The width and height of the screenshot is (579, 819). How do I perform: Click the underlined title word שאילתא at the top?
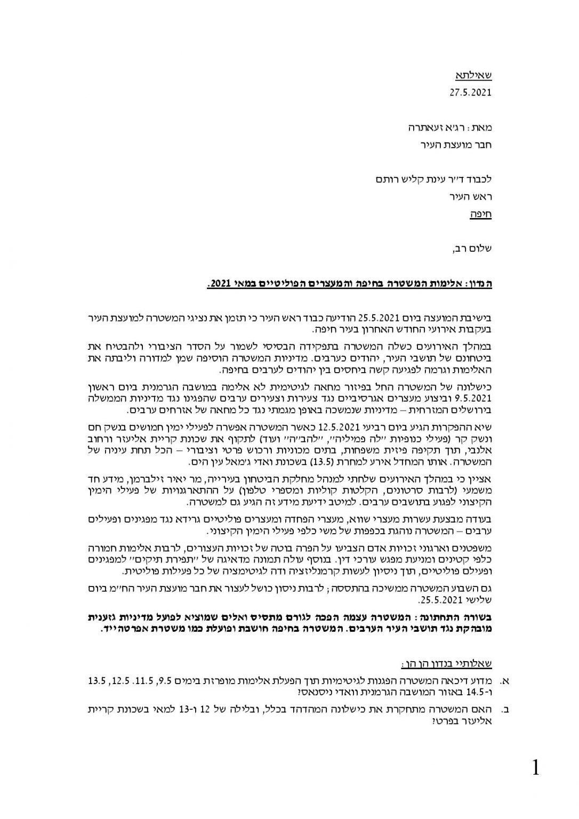(x=475, y=74)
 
